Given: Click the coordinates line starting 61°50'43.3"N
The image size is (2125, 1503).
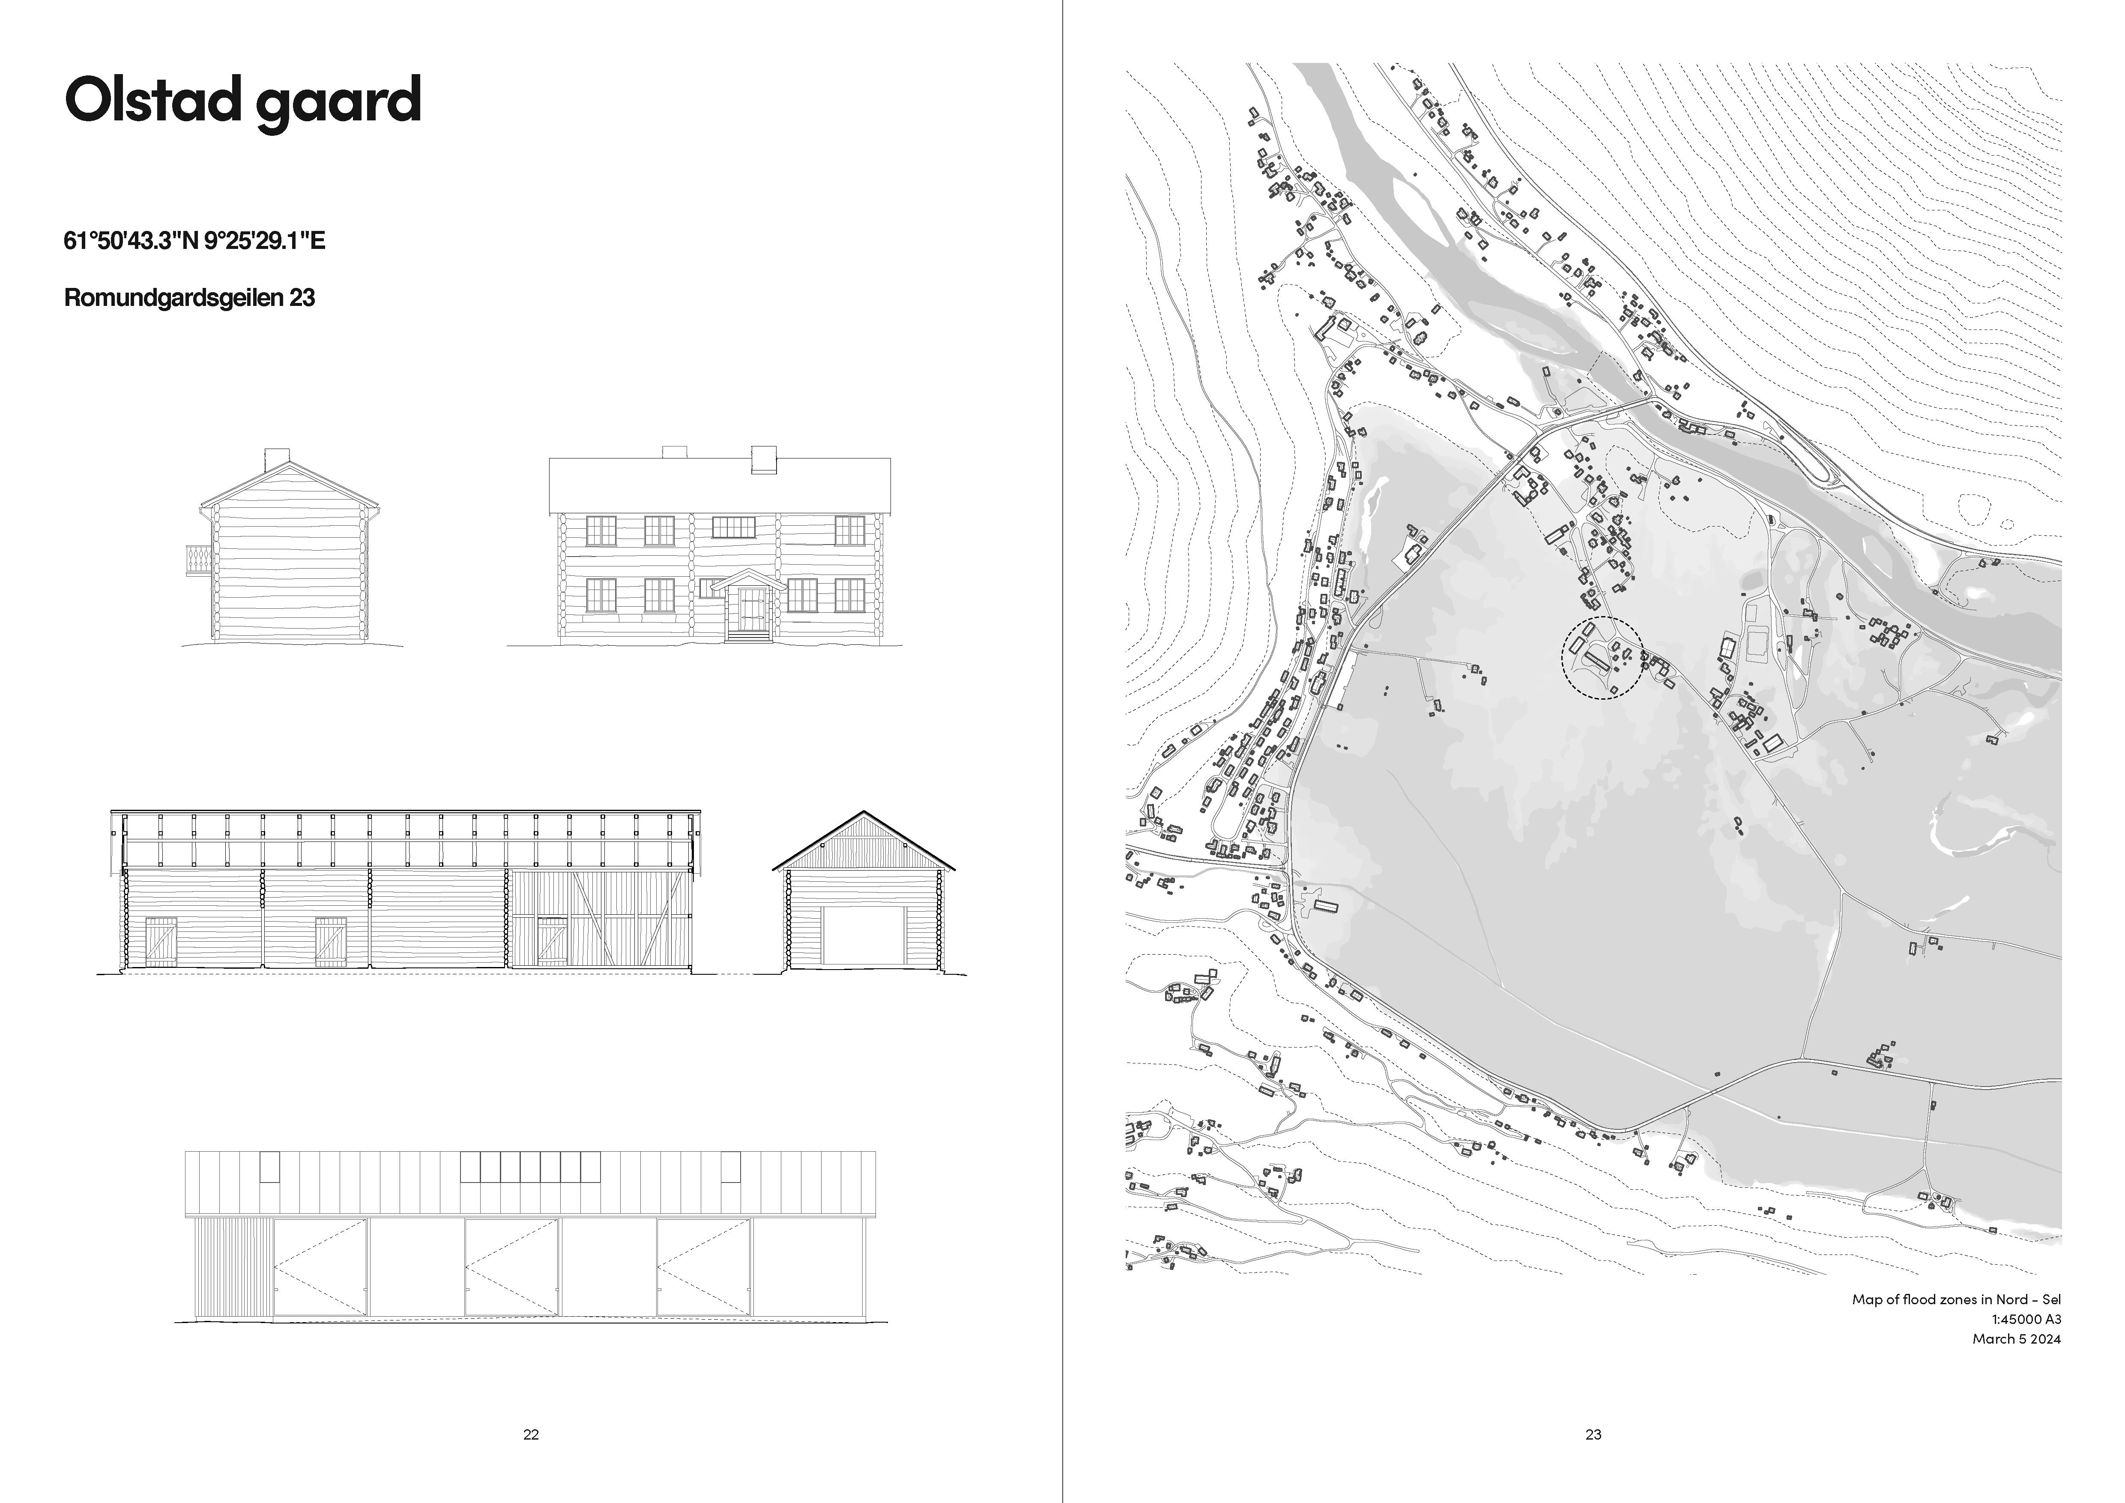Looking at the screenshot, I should click(194, 242).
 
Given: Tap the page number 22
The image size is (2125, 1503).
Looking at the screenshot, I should click(531, 1434).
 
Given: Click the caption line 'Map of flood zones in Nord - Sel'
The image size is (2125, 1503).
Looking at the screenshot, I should click(1956, 1299).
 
